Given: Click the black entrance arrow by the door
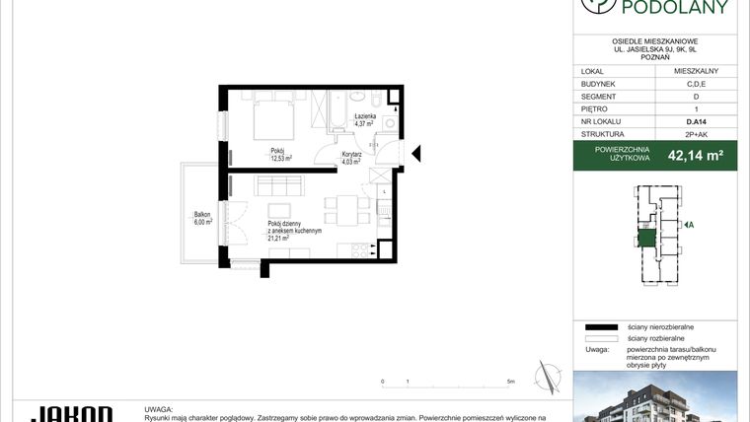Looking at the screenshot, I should point(415,154).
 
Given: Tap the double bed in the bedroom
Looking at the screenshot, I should point(272,123).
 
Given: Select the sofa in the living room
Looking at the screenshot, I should point(277,185).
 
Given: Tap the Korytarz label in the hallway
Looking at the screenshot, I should point(351,154).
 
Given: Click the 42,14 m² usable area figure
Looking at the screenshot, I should point(696,155).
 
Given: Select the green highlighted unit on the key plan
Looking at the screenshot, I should point(646,238).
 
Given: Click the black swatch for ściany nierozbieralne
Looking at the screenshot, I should point(599,326).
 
